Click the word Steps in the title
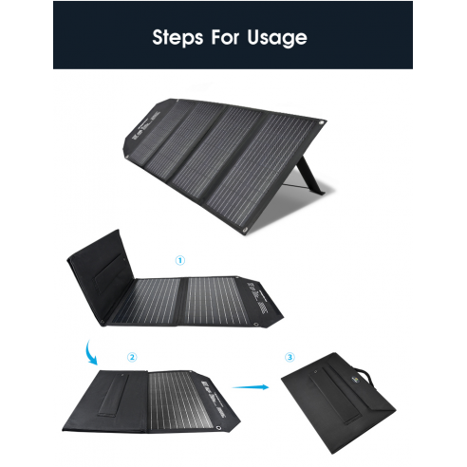177,38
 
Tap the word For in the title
225,37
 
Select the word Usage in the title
277,38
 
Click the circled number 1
180,261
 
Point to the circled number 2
132,357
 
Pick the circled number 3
290,357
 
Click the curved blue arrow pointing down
91,354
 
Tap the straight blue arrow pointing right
251,386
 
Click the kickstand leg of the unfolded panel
310,175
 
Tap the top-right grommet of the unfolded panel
322,122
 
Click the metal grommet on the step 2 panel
218,428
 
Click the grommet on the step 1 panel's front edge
256,325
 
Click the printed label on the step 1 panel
257,297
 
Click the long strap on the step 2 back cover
114,395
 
